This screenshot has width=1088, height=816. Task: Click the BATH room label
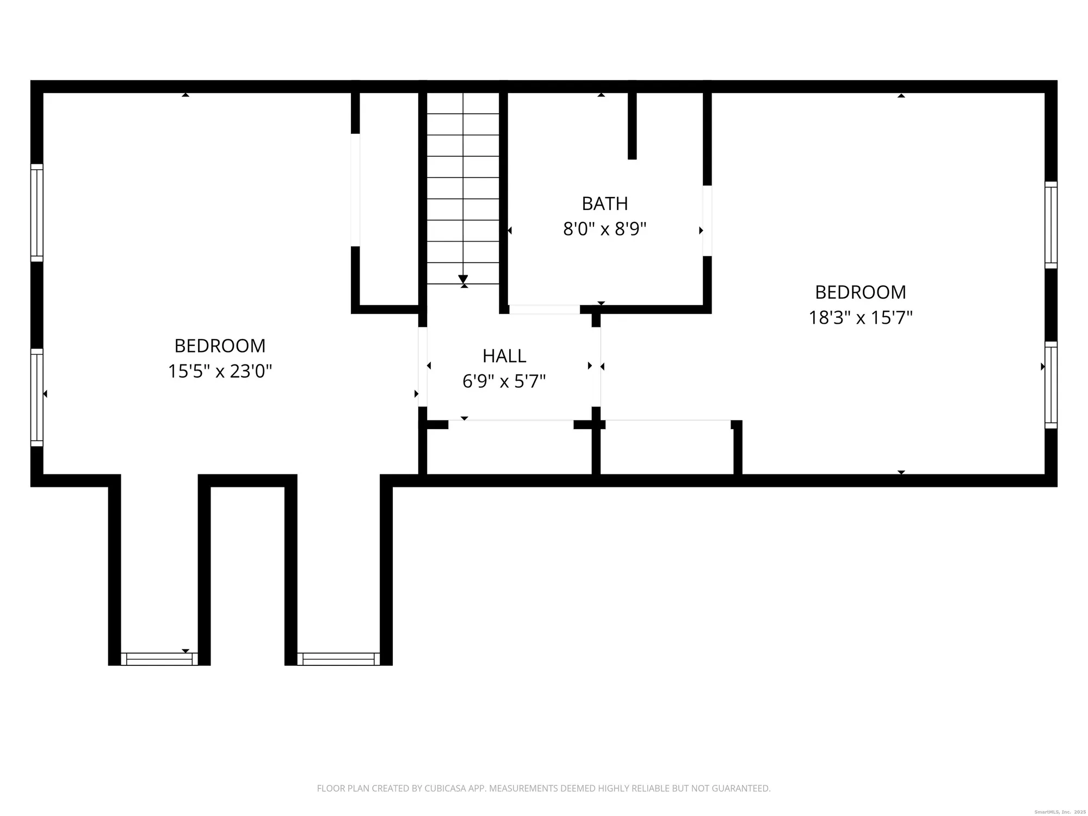click(604, 203)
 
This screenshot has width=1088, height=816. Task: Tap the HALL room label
click(504, 356)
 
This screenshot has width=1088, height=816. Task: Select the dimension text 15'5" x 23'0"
click(220, 372)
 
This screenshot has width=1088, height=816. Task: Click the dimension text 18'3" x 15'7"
click(860, 318)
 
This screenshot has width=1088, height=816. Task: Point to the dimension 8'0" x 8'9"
click(604, 229)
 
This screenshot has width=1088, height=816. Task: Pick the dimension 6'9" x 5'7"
click(504, 381)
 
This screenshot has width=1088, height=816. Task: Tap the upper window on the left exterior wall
click(36, 213)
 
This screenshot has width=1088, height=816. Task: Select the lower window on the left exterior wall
click(36, 397)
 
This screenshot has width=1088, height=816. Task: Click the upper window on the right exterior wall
click(1050, 225)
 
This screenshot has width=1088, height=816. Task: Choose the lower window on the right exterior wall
click(1050, 385)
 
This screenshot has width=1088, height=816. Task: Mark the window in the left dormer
click(159, 659)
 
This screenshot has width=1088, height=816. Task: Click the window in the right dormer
click(338, 659)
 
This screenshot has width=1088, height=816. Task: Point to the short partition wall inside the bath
click(632, 125)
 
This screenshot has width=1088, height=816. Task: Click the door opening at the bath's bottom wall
click(544, 310)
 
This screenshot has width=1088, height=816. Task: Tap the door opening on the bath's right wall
click(707, 221)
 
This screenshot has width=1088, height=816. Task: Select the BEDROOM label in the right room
click(860, 292)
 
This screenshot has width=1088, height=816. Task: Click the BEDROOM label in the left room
click(220, 346)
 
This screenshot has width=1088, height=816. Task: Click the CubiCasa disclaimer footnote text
click(543, 788)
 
